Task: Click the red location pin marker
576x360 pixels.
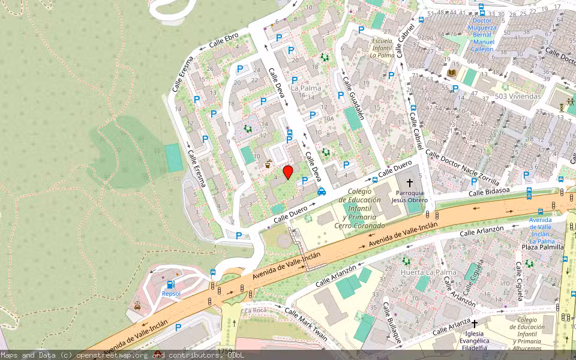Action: tap(288, 173)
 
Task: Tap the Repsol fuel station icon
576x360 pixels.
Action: tap(171, 284)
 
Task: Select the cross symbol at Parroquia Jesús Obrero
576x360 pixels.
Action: tap(410, 182)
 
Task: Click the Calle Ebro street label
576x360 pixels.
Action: tap(223, 40)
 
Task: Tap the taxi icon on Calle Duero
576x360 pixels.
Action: tap(322, 191)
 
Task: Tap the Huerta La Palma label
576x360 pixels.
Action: tap(428, 272)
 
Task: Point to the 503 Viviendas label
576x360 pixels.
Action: tap(518, 96)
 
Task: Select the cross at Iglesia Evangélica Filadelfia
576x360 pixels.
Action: tap(474, 324)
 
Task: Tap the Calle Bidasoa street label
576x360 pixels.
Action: tap(489, 191)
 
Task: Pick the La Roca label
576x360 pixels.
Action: tap(255, 310)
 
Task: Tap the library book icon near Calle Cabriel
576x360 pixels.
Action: tap(451, 73)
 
